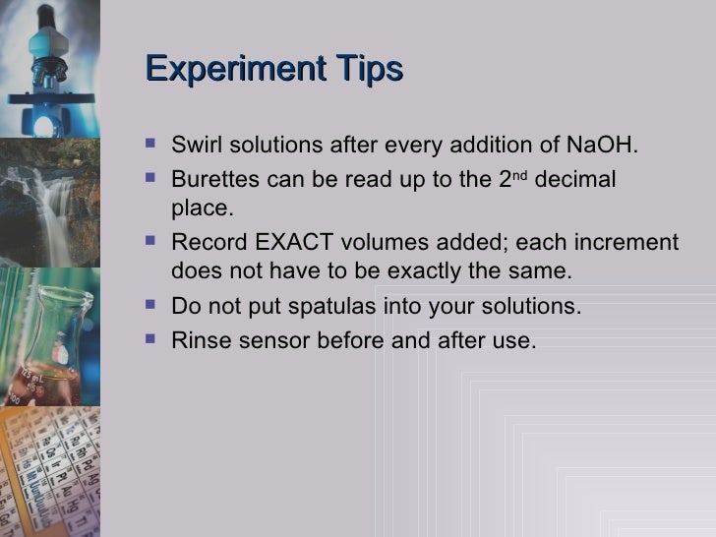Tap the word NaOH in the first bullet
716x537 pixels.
click(601, 146)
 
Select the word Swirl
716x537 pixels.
click(194, 146)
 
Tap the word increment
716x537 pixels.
click(628, 243)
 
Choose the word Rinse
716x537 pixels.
click(197, 340)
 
